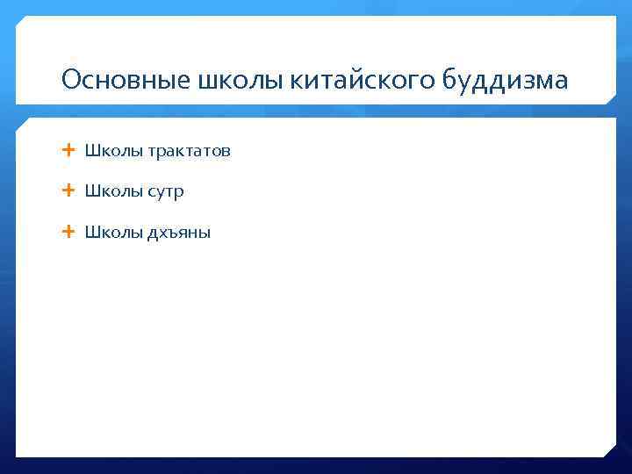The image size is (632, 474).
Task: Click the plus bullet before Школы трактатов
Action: click(x=68, y=150)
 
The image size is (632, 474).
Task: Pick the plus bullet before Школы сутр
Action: click(x=68, y=190)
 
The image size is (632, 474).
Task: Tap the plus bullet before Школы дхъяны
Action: click(x=68, y=232)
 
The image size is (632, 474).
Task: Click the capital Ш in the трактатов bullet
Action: click(x=90, y=151)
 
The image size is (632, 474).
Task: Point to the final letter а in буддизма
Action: click(x=561, y=83)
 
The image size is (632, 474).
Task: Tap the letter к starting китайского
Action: click(x=295, y=83)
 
